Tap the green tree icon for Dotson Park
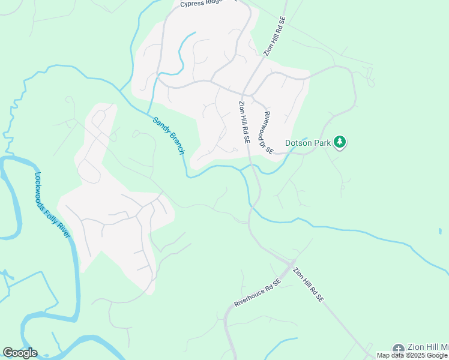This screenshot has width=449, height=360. (340, 142)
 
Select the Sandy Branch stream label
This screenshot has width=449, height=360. (168, 136)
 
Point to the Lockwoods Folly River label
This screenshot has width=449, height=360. (52, 205)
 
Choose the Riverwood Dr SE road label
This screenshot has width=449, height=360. (268, 133)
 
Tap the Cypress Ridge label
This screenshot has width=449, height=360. (201, 4)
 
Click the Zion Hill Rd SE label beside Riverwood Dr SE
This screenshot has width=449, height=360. (244, 122)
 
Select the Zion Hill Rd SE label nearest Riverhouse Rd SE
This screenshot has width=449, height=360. (309, 285)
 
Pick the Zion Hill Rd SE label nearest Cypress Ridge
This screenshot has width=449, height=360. (276, 37)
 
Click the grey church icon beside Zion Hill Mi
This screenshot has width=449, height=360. (398, 349)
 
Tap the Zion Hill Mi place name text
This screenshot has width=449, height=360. (428, 348)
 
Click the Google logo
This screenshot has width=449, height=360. (20, 353)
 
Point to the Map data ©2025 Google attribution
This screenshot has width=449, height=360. (412, 356)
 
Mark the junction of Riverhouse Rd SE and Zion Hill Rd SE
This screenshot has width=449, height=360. (291, 263)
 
